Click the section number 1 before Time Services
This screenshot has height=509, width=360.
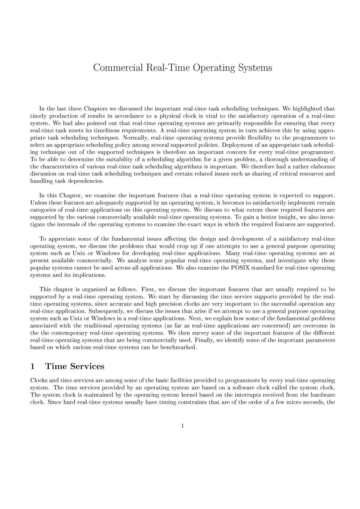pyautogui.click(x=32, y=366)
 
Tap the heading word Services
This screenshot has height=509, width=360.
pyautogui.click(x=87, y=366)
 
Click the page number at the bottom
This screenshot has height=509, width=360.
pyautogui.click(x=183, y=426)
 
